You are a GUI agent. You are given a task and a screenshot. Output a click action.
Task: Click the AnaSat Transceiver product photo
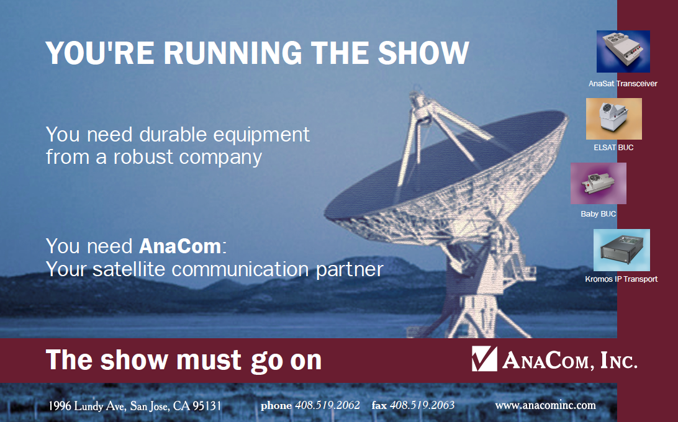click(x=623, y=52)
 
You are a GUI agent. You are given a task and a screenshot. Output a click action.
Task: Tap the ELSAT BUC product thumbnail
click(x=614, y=119)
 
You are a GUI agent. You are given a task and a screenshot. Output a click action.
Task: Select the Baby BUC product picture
click(x=599, y=183)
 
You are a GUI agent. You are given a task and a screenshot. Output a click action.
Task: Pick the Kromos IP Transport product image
click(x=621, y=250)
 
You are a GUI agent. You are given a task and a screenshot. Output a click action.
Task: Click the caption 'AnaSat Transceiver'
click(x=623, y=83)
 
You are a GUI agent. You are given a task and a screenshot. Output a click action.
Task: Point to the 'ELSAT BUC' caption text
click(x=613, y=148)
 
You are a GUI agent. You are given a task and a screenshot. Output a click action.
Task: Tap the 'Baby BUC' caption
click(x=599, y=213)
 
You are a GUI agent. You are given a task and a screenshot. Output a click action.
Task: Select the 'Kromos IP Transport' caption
click(x=621, y=279)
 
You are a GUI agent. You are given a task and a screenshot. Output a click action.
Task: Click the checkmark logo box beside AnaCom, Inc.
click(x=484, y=359)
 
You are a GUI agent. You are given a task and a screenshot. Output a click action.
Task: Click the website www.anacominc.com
click(x=545, y=406)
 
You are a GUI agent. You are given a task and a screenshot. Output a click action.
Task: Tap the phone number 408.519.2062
click(x=327, y=405)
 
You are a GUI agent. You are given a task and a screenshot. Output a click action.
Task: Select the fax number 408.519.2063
click(x=422, y=405)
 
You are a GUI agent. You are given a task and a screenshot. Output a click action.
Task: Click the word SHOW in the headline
click(x=423, y=53)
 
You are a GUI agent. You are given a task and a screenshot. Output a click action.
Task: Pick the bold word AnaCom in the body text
click(x=180, y=246)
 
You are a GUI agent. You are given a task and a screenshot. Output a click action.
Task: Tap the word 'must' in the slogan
click(x=209, y=360)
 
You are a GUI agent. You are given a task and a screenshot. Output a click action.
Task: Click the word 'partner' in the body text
click(x=350, y=269)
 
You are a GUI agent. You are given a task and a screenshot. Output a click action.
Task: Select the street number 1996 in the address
click(x=60, y=406)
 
